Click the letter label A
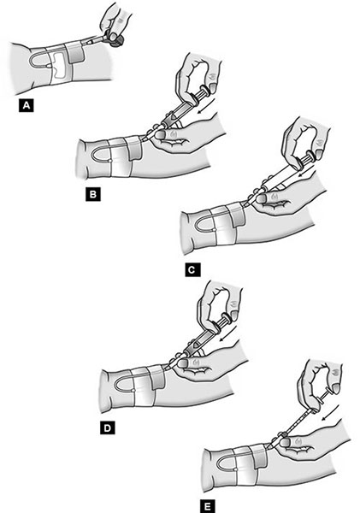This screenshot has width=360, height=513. point(27,106)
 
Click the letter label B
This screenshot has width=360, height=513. point(93,194)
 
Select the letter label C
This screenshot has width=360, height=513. point(192,270)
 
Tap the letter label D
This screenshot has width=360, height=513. point(108,428)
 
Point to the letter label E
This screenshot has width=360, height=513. point(208,506)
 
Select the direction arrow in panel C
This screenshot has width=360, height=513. point(306,169)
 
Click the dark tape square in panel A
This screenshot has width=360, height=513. point(75,53)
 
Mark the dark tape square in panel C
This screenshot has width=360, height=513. point(237,215)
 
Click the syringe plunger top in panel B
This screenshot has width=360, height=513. point(205,91)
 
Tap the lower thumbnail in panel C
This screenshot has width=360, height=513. point(261,198)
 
